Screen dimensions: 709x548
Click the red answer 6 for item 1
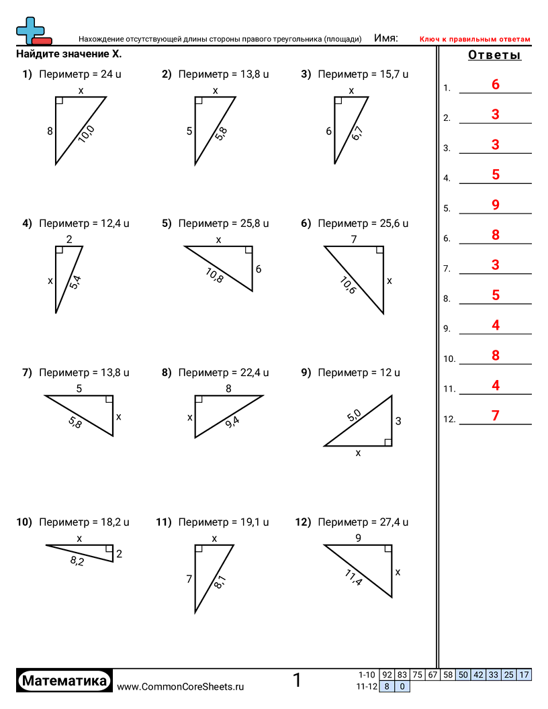(496, 85)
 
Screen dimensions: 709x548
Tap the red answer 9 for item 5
(496, 205)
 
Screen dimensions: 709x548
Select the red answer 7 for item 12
(496, 416)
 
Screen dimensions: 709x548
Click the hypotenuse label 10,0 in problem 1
(87, 134)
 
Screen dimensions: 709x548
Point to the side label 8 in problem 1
(50, 132)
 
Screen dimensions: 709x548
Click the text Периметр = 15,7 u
(363, 75)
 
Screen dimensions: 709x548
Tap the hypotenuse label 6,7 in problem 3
(357, 134)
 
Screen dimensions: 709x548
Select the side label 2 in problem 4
(69, 239)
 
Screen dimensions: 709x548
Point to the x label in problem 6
(390, 281)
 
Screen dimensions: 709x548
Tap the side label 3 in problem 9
(398, 422)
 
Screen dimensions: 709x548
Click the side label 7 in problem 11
(189, 578)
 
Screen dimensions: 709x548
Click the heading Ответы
(494, 56)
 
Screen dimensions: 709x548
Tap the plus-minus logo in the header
(32, 31)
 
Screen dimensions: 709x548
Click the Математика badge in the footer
(64, 681)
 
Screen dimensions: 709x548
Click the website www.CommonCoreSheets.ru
(181, 686)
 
